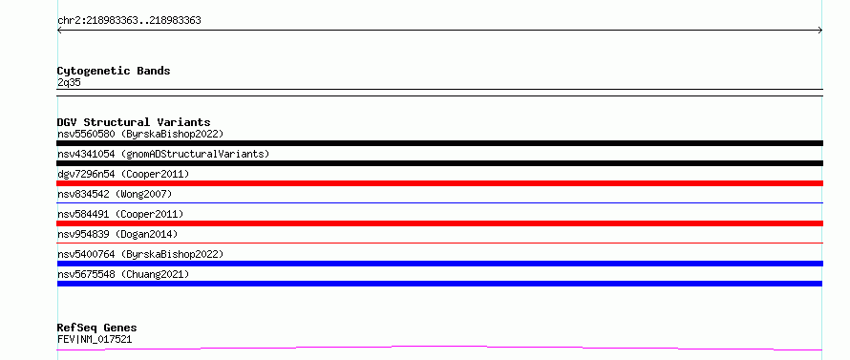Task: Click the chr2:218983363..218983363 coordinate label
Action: click(129, 21)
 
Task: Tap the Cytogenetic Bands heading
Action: click(114, 71)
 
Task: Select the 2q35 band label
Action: click(69, 82)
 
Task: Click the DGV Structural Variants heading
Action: click(134, 122)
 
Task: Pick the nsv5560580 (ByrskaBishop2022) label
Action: click(140, 134)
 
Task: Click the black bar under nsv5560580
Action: click(439, 143)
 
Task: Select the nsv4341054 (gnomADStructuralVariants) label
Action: click(163, 154)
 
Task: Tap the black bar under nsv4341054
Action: click(439, 163)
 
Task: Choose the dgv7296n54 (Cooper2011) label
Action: click(123, 174)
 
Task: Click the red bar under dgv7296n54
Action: click(439, 183)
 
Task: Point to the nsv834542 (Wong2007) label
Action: click(115, 194)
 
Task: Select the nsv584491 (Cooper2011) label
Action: click(120, 214)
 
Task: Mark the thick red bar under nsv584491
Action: click(439, 223)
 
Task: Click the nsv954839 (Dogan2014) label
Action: click(117, 234)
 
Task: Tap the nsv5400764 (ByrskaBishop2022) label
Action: click(140, 254)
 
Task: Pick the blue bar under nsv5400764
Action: click(439, 264)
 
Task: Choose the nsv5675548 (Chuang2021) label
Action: click(123, 274)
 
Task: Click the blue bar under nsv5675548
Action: click(439, 284)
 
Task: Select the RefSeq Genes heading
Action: click(97, 328)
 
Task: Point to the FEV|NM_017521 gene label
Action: click(95, 340)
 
